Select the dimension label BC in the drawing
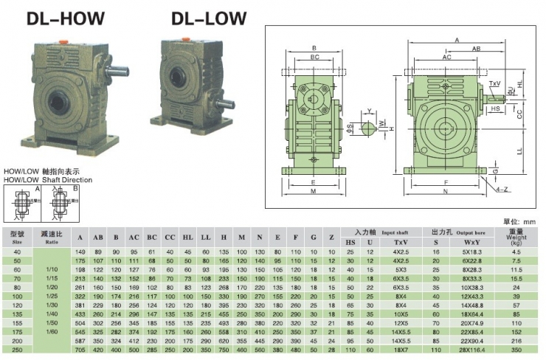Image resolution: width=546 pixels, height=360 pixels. (314, 57)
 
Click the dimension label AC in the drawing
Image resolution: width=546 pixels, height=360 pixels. (446, 57)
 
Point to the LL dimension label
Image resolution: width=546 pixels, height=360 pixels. (520, 149)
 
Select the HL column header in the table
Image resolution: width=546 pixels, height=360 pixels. (189, 238)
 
